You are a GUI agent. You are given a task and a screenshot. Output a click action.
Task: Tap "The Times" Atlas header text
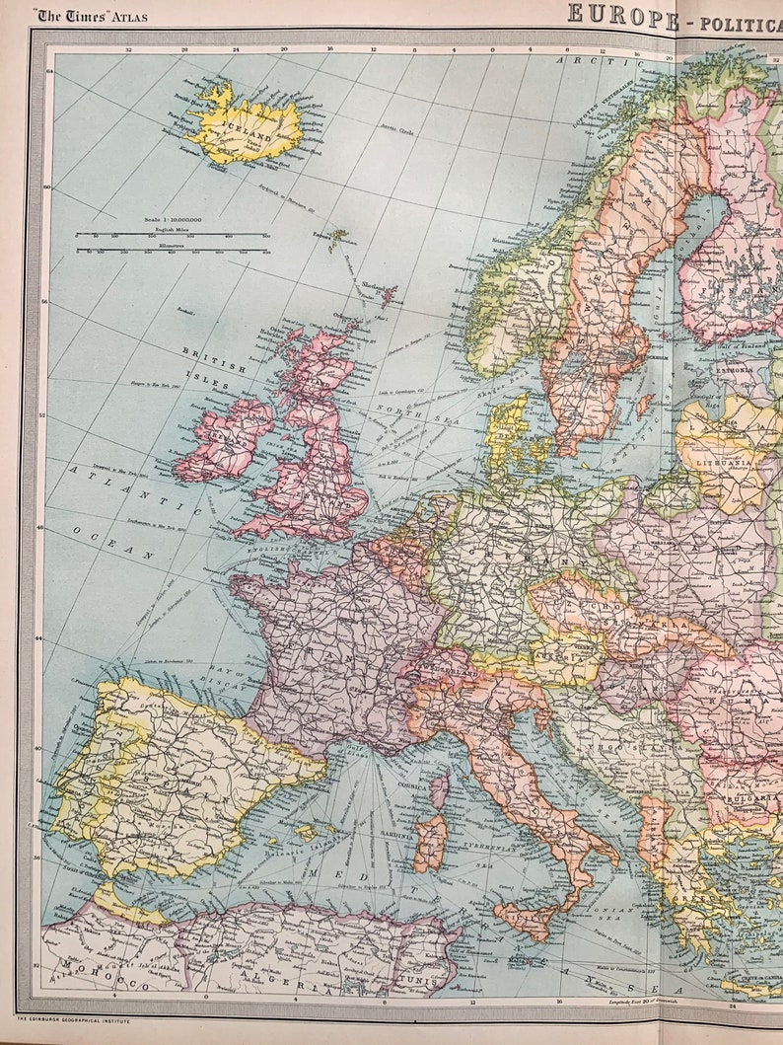(92, 14)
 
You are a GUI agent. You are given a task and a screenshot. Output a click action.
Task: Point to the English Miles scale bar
(172, 234)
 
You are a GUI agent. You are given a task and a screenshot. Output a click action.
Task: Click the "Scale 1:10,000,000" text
(172, 220)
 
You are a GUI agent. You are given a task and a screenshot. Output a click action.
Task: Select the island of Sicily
(526, 918)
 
